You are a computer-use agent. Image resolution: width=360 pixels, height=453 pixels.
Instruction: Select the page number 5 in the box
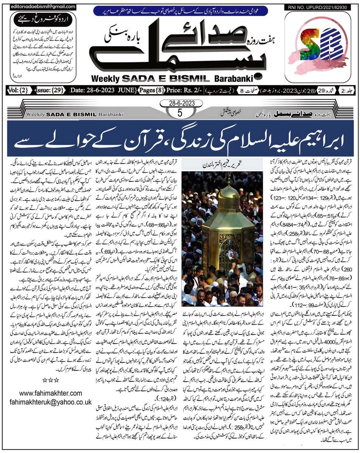180,112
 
